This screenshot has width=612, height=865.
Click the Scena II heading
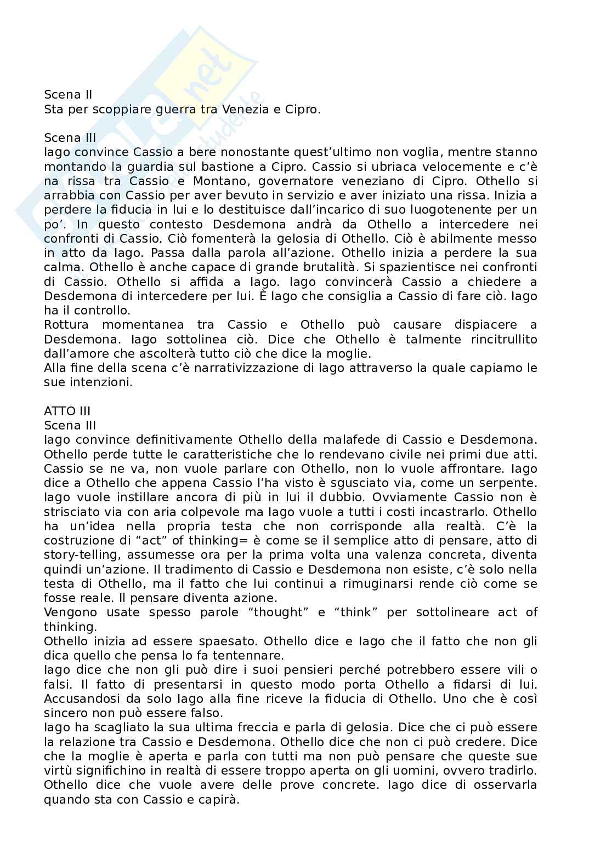(x=68, y=95)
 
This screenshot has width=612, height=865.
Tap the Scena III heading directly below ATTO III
(x=70, y=425)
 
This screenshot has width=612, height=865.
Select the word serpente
(x=502, y=483)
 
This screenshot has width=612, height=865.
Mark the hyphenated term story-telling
(x=80, y=555)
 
